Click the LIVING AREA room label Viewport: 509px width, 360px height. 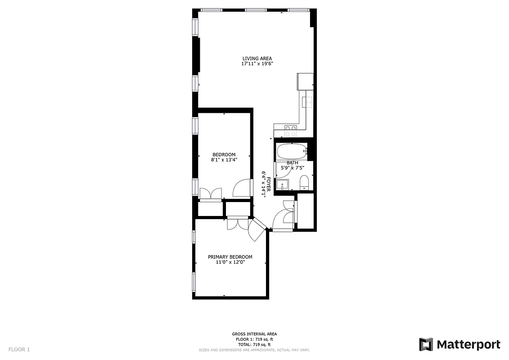257,58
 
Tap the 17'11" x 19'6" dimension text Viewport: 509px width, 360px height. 257,64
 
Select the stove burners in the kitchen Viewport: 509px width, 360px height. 291,131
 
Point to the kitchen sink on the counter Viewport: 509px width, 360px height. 308,102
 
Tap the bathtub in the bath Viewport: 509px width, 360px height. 292,151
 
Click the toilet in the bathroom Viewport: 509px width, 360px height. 304,182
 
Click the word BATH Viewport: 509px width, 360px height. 293,163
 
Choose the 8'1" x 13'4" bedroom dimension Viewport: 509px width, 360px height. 224,160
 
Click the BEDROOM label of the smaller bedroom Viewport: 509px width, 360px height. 224,155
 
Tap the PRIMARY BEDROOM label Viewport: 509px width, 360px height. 230,257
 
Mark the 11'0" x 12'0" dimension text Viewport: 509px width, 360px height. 230,262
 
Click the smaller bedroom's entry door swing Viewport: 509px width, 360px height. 242,188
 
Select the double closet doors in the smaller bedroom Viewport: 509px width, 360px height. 210,193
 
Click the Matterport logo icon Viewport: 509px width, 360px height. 426,344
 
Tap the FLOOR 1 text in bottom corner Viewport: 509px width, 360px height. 19,349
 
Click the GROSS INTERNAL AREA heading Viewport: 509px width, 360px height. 255,334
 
